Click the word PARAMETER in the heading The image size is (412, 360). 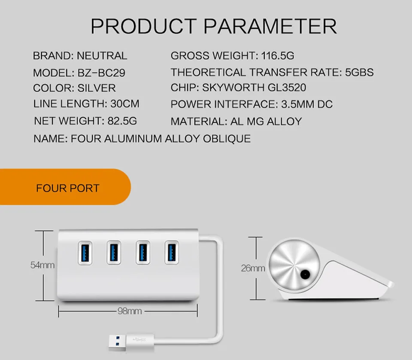[x=270, y=26]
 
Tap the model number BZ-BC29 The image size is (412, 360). [x=101, y=73]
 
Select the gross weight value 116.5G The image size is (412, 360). [x=278, y=56]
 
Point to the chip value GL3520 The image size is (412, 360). [x=287, y=88]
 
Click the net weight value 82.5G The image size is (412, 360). [x=122, y=121]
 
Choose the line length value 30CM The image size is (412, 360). [x=125, y=104]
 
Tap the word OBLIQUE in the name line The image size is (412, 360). [x=227, y=139]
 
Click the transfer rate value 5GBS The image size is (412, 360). [x=359, y=72]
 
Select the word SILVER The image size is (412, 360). [x=97, y=88]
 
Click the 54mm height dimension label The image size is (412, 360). [x=42, y=265]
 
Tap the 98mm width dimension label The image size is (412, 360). [x=130, y=311]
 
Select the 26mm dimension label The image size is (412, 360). [x=253, y=268]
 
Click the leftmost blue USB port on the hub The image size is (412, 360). [x=85, y=253]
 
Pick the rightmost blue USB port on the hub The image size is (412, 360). [x=172, y=253]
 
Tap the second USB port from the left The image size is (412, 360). [x=114, y=253]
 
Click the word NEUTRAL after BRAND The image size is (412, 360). [x=102, y=56]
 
